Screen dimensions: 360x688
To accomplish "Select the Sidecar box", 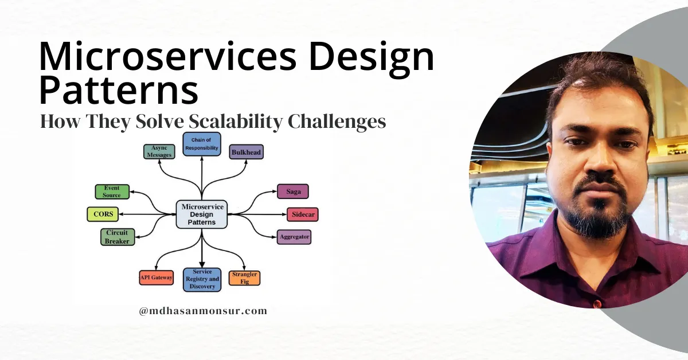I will (302, 214).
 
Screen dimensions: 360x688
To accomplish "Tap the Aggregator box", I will (294, 237).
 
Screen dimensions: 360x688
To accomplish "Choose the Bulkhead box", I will (247, 152).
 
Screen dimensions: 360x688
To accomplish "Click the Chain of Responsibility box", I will (202, 144).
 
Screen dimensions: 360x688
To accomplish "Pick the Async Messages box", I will (158, 152).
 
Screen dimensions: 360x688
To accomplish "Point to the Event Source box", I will (112, 191).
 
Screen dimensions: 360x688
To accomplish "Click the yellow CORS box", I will (103, 214).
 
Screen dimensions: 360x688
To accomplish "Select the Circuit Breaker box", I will (116, 237).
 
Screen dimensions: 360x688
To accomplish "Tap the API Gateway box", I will (156, 278).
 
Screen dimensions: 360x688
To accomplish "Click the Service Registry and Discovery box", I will (202, 279).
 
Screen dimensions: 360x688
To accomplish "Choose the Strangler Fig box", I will (244, 278).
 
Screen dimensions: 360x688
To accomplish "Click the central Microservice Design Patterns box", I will (202, 214).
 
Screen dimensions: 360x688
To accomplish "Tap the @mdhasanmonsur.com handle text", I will (203, 311).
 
